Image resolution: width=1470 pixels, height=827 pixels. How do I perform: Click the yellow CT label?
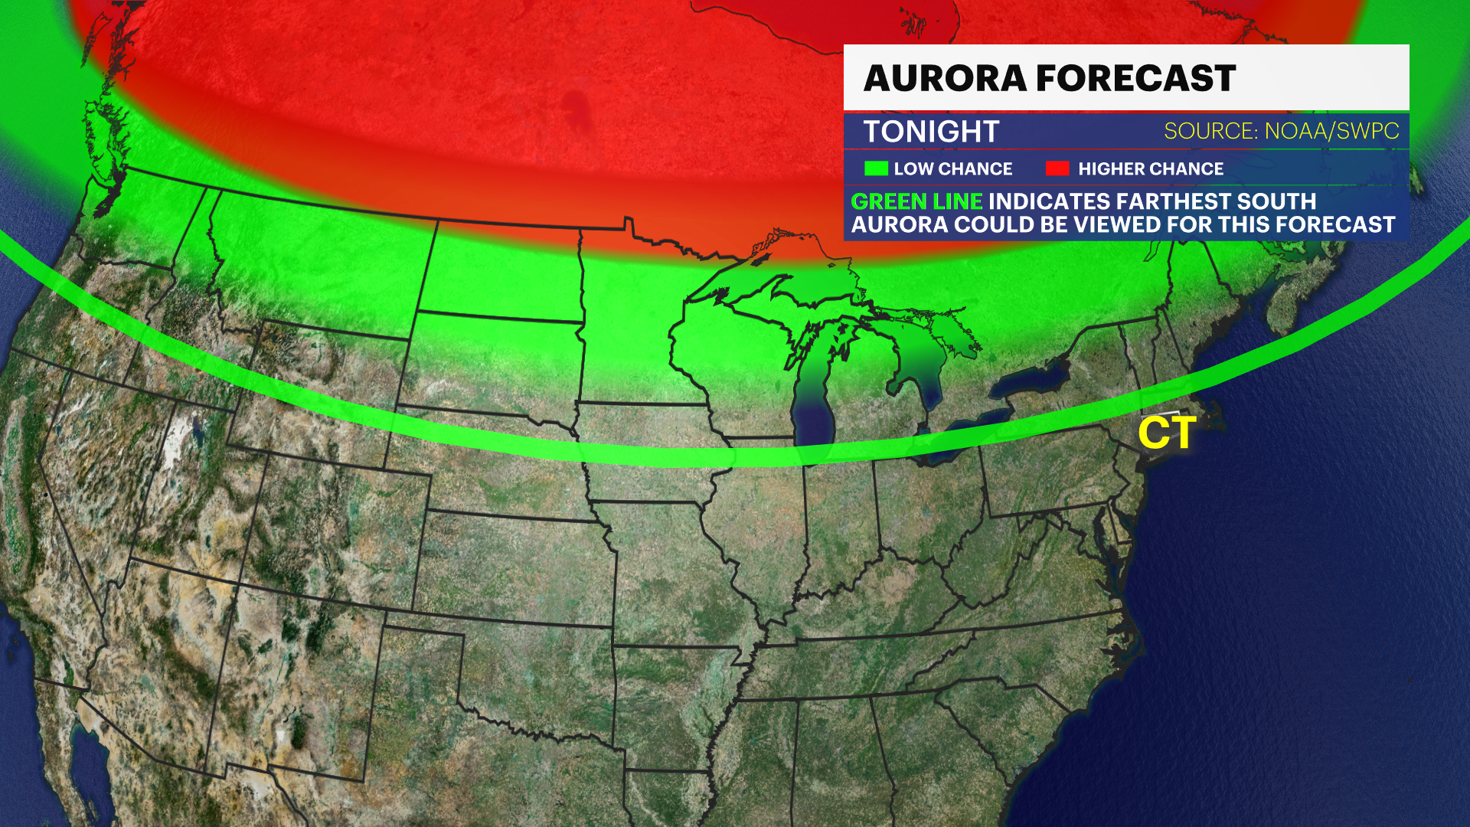[x=1167, y=433]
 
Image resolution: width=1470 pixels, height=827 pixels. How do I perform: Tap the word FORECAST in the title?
[x=1136, y=78]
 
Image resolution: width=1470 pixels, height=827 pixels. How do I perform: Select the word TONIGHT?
[x=931, y=132]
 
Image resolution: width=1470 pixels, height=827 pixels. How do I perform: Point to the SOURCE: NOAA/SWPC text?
[x=1281, y=131]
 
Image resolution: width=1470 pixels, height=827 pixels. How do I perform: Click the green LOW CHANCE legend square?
[x=876, y=168]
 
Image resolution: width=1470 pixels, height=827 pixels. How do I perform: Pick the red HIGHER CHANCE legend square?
[x=1057, y=168]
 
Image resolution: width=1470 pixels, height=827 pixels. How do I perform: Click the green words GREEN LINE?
[x=916, y=201]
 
